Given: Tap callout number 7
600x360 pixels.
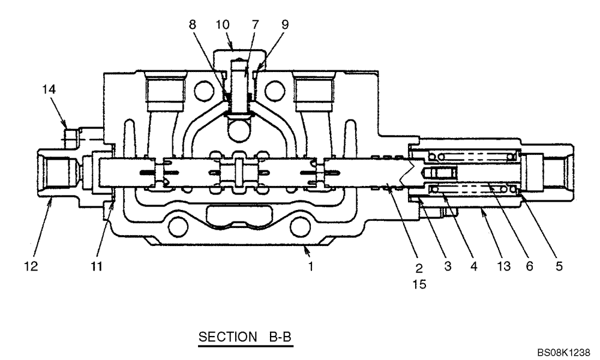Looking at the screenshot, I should pyautogui.click(x=256, y=25).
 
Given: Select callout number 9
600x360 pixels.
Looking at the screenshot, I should pyautogui.click(x=284, y=25).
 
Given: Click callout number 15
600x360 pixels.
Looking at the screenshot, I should pyautogui.click(x=419, y=284).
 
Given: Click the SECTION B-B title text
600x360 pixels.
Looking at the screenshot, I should pyautogui.click(x=245, y=338).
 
